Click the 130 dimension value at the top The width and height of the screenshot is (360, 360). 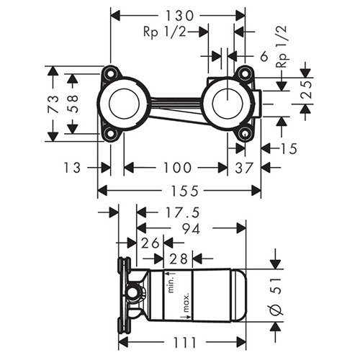[179, 16]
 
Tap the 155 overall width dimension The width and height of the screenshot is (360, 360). [185, 191]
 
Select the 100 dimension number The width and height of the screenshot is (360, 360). [177, 168]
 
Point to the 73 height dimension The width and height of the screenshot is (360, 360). [54, 104]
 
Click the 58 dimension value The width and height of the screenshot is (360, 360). [73, 104]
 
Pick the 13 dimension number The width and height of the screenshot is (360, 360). [72, 168]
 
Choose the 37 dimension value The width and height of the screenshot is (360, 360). [244, 168]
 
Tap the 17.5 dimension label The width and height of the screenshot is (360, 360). [182, 212]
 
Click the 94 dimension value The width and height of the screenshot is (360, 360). [191, 229]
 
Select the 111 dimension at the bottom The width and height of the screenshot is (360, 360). [184, 342]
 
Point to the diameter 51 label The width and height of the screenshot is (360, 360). [275, 296]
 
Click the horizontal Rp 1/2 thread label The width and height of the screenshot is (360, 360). [165, 32]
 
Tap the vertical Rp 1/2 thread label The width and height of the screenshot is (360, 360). [282, 47]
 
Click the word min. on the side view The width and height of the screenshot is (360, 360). [171, 284]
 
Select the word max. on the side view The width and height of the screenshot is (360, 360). [186, 303]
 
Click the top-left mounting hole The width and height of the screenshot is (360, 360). [111, 73]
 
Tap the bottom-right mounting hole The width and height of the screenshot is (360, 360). [245, 133]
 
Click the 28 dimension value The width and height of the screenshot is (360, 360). [178, 258]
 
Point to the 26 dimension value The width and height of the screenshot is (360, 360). [150, 243]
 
